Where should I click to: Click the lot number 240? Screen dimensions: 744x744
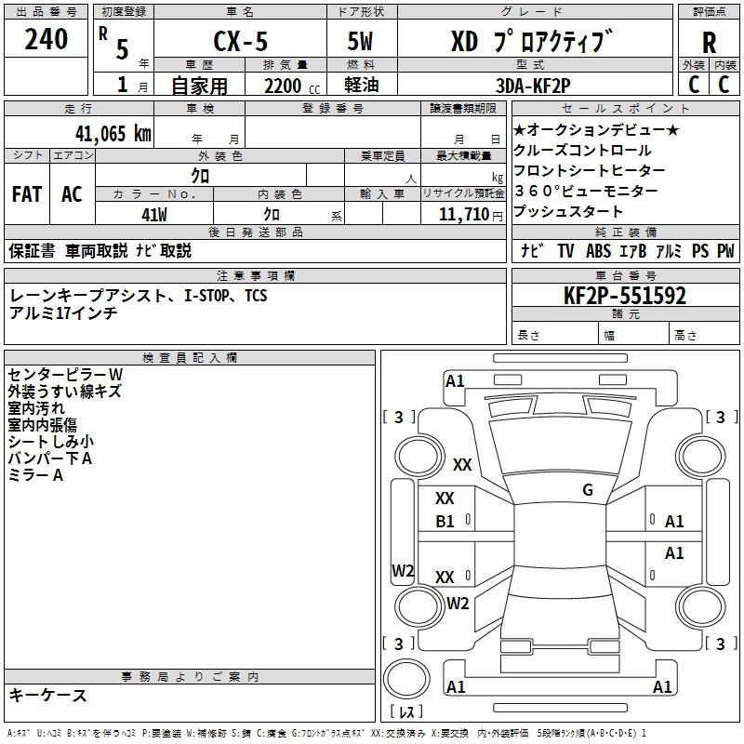tap(46, 40)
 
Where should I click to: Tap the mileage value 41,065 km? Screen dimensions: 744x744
tap(104, 133)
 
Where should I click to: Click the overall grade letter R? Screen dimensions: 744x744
tap(709, 43)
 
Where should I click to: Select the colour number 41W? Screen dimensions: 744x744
tap(154, 215)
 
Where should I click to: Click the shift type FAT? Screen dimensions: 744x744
tap(26, 194)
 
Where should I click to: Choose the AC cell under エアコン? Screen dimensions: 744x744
tap(72, 194)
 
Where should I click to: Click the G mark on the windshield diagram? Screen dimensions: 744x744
tap(588, 490)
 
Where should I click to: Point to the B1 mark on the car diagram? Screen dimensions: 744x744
tap(445, 522)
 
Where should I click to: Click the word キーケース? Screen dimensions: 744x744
tap(48, 696)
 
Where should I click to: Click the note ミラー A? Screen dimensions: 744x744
tap(35, 475)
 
